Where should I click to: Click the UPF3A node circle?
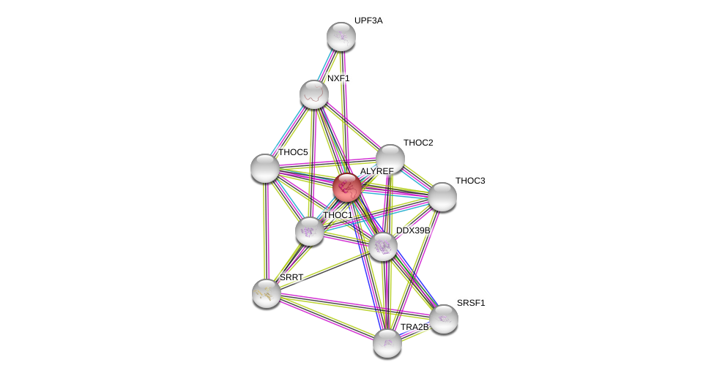point(341,37)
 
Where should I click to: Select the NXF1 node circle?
point(313,94)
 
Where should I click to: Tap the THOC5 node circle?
point(265,168)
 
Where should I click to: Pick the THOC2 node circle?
point(390,158)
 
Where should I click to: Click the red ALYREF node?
point(347,187)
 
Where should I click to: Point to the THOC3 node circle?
point(442,196)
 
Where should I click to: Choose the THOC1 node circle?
point(310,231)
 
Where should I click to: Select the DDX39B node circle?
point(382,247)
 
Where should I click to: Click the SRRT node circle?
point(267,293)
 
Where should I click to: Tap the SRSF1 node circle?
point(443,318)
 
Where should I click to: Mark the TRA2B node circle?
point(387,342)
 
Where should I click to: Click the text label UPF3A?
point(368,20)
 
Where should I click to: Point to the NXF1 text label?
point(338,78)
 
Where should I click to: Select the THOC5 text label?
point(293,152)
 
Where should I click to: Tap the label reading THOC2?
point(418,143)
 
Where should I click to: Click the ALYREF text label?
point(376,171)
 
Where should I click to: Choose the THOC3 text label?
point(470,181)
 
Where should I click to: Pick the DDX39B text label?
point(413,230)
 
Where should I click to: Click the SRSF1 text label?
point(471,303)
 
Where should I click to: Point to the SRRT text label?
point(291,278)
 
